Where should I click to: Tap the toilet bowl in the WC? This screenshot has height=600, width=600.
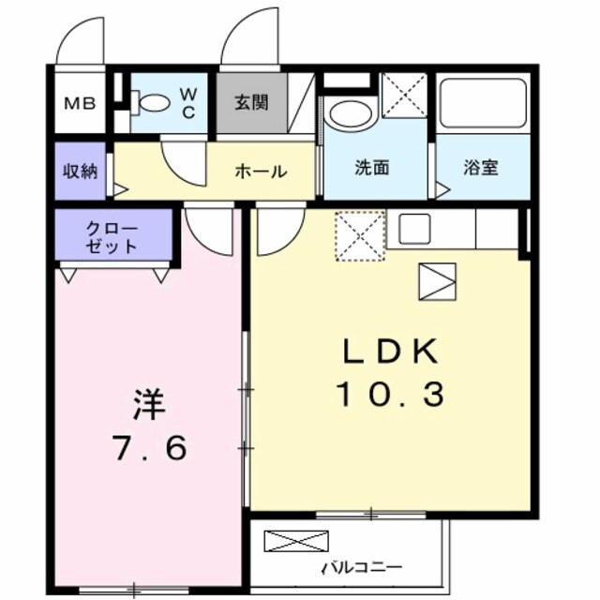tap(153, 102)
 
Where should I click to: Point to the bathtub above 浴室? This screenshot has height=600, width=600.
tap(483, 103)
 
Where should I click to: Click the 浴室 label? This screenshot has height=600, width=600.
tap(481, 169)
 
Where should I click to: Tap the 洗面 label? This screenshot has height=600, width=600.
tap(371, 169)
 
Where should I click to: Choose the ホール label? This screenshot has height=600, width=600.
tap(261, 172)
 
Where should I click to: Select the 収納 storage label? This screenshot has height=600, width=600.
tap(80, 172)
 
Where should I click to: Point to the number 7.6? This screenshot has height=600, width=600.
tap(150, 448)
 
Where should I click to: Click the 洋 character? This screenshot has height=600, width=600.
tap(148, 405)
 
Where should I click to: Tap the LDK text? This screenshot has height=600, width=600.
tap(390, 352)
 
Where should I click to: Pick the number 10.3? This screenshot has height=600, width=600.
tap(390, 395)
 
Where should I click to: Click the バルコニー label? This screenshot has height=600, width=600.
tap(362, 568)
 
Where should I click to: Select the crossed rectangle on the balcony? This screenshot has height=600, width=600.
tap(296, 541)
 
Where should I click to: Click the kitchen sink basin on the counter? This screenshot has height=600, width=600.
tap(414, 228)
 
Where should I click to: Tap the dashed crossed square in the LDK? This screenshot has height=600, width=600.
tap(361, 235)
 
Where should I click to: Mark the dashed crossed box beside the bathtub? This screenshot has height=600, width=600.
tap(404, 95)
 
